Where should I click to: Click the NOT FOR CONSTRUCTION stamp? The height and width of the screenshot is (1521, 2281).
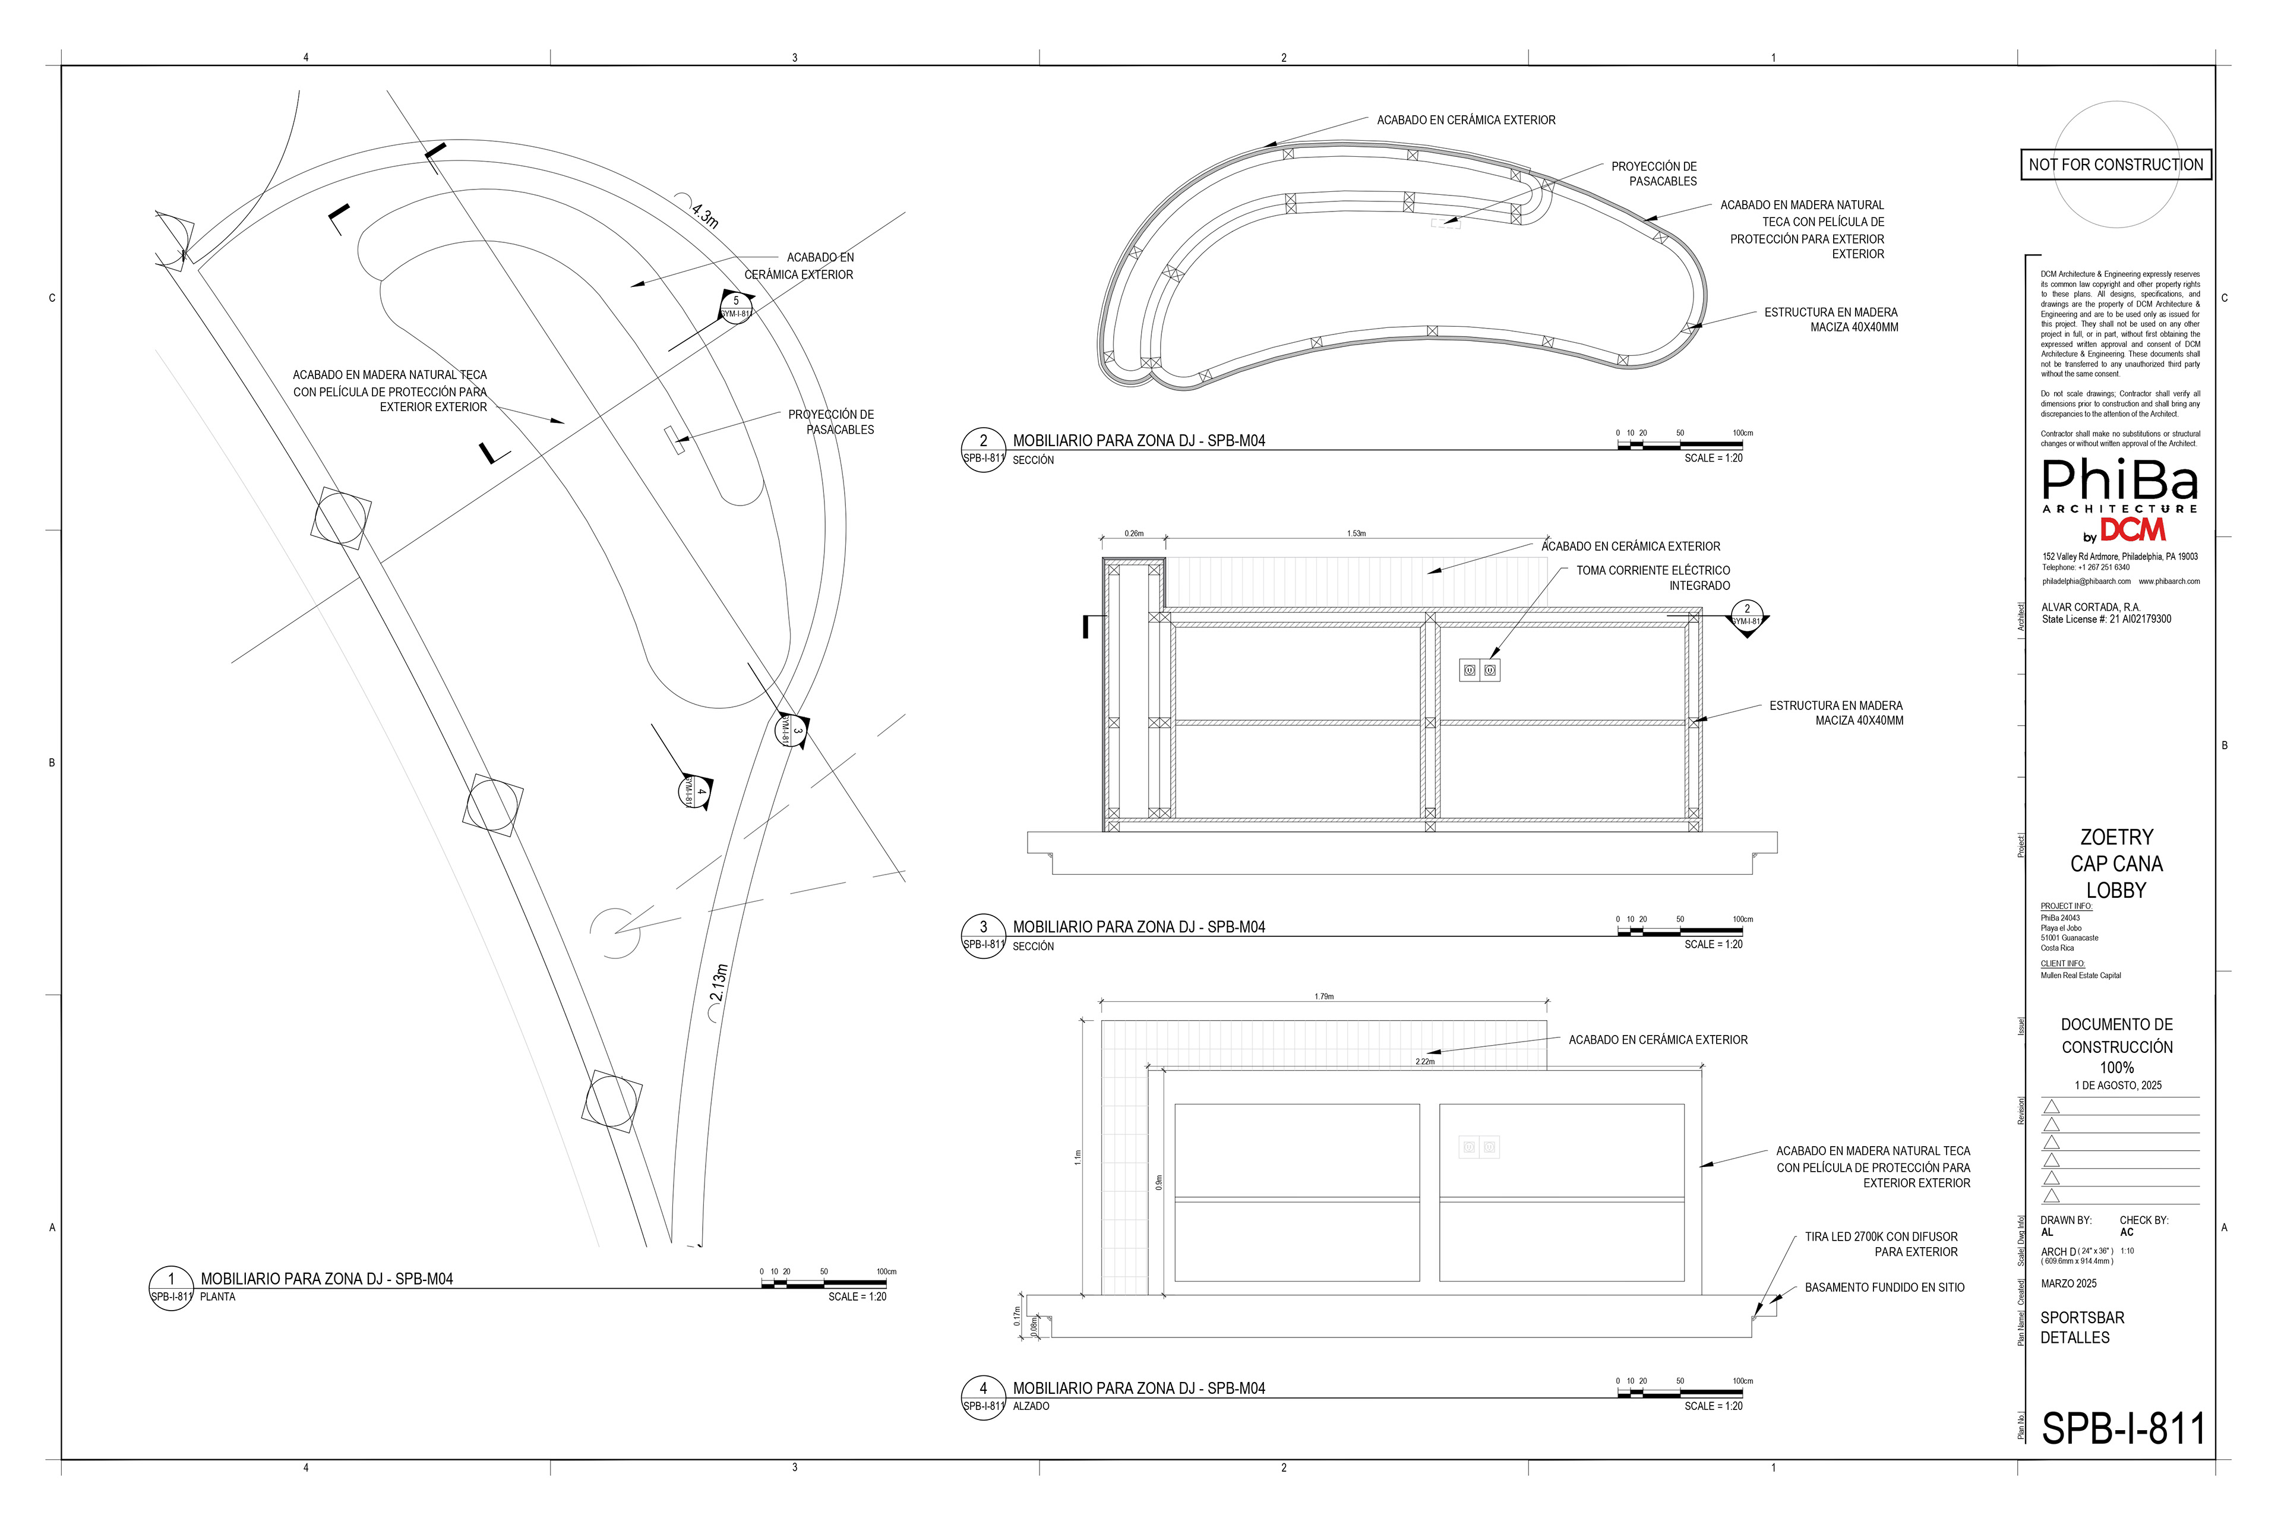pos(2115,165)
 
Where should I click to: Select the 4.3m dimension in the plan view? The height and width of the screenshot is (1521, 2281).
pos(705,214)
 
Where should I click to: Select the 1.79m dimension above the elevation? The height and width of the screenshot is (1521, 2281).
pos(1324,996)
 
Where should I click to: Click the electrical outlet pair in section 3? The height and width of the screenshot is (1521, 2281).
pos(1480,670)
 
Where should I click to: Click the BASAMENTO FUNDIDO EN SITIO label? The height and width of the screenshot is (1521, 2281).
pos(1884,1288)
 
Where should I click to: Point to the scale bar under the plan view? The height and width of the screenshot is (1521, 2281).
pos(823,1283)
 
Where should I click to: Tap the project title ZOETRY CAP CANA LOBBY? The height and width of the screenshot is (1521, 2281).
pos(2116,863)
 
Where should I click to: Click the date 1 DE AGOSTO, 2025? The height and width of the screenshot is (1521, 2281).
pos(2118,1085)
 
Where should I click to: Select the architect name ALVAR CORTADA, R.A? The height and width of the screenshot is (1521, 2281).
pos(2090,607)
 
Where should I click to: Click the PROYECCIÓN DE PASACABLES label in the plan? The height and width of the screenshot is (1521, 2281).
pos(830,422)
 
